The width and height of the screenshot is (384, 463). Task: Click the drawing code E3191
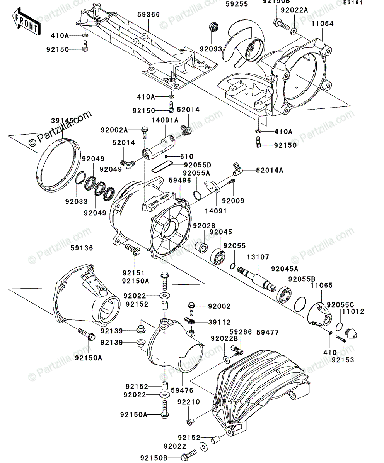[352, 3]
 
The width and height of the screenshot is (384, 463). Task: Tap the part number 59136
[82, 248]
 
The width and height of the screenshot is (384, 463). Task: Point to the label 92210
[189, 402]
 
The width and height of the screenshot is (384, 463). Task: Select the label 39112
[219, 322]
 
